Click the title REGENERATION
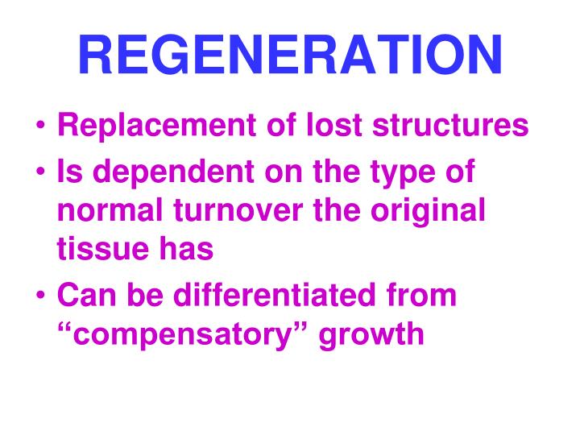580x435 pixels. [x=290, y=54]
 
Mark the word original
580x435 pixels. [x=435, y=213]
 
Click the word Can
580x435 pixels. [x=83, y=296]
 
